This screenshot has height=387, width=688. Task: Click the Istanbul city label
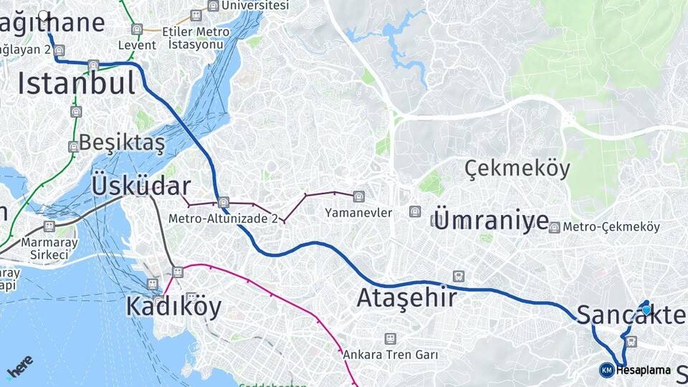pos(77,83)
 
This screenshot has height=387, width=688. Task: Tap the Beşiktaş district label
pos(122,142)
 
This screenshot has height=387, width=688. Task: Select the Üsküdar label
pos(141,185)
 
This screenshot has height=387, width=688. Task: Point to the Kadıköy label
pos(173,306)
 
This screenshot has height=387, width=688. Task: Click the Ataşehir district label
pos(406,297)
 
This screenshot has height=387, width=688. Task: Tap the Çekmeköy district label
pos(517,169)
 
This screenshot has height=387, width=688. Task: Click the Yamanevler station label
pos(358,213)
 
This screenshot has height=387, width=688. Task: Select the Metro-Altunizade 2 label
pos(223,218)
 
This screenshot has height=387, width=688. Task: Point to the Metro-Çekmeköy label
pos(611,227)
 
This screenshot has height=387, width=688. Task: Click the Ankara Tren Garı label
pos(390,354)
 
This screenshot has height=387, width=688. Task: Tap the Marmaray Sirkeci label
pos(44,247)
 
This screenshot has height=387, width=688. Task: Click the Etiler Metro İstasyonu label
pos(196,38)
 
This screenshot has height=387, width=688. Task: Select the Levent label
pos(137,44)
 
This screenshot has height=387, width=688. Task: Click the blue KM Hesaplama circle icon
pos(606,370)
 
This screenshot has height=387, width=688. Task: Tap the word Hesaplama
pos(643,371)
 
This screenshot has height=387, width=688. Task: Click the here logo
pos(19,367)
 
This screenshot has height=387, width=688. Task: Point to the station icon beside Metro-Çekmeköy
pos(554,227)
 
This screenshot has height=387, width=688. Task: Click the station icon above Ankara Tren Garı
pos(390,338)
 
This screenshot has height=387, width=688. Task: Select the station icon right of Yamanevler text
pos(414,211)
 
